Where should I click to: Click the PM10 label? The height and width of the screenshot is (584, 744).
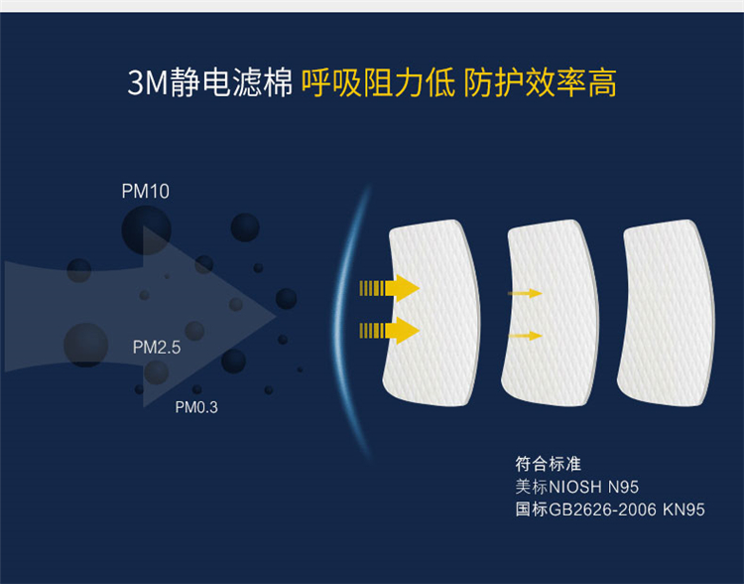(145, 191)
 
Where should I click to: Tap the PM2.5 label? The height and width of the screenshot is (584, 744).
(157, 348)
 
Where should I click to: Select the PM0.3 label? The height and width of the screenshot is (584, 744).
(196, 407)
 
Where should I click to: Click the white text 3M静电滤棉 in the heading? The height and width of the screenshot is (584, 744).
(210, 82)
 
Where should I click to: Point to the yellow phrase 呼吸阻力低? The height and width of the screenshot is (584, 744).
(378, 82)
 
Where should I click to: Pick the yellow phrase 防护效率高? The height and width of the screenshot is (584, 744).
(540, 82)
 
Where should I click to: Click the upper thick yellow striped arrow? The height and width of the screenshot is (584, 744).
(389, 288)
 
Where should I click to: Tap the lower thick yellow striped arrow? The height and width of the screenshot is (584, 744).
(389, 331)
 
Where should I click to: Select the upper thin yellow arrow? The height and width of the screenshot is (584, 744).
(525, 293)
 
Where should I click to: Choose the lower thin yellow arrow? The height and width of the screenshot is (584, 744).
(525, 336)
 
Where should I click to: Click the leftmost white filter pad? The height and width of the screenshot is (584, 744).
(432, 313)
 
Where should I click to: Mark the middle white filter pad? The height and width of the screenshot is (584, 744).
(551, 313)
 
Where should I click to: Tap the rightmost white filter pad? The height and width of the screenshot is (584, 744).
(667, 313)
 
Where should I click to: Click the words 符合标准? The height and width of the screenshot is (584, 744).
(548, 464)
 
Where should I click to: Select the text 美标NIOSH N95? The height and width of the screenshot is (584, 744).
(577, 487)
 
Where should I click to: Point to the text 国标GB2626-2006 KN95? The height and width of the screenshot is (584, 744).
(610, 510)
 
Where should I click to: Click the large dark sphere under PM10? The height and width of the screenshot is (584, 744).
(146, 230)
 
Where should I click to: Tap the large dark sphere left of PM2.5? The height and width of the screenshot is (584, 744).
(86, 345)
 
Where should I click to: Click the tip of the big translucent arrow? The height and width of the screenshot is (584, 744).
(277, 317)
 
